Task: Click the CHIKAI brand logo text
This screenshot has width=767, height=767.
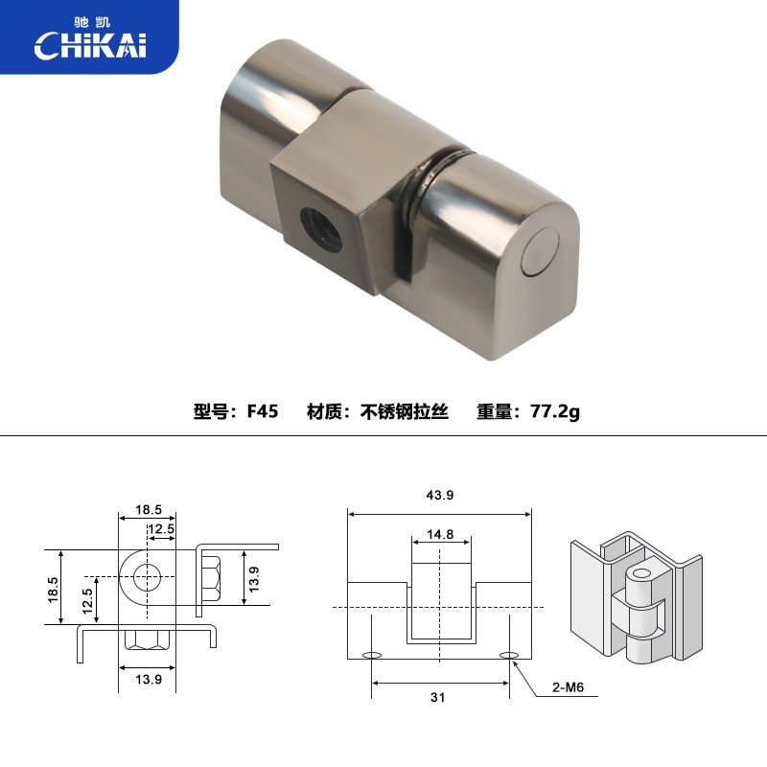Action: click(90, 45)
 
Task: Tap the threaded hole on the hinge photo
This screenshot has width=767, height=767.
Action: click(321, 229)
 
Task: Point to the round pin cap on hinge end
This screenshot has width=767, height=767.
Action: click(540, 252)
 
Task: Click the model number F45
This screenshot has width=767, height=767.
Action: click(262, 411)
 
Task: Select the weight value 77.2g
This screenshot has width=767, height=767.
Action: click(555, 411)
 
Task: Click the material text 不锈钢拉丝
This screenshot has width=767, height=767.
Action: click(404, 411)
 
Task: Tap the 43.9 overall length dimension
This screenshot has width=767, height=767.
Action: click(440, 495)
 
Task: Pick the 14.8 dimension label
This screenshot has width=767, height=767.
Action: click(440, 534)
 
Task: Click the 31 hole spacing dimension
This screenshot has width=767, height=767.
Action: click(438, 697)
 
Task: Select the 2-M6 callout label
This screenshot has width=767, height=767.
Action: click(568, 687)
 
